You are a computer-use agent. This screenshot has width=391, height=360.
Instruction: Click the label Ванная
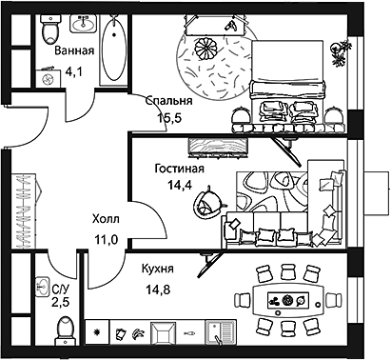coord(74,50)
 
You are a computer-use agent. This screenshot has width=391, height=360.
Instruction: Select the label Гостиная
coord(178,168)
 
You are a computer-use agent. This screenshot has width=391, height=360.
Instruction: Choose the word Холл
coord(105,220)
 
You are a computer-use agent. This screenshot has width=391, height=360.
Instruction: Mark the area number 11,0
coord(105,239)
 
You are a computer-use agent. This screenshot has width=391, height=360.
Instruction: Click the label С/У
coord(60,289)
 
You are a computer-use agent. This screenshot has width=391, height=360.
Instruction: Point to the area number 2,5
coord(60,303)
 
